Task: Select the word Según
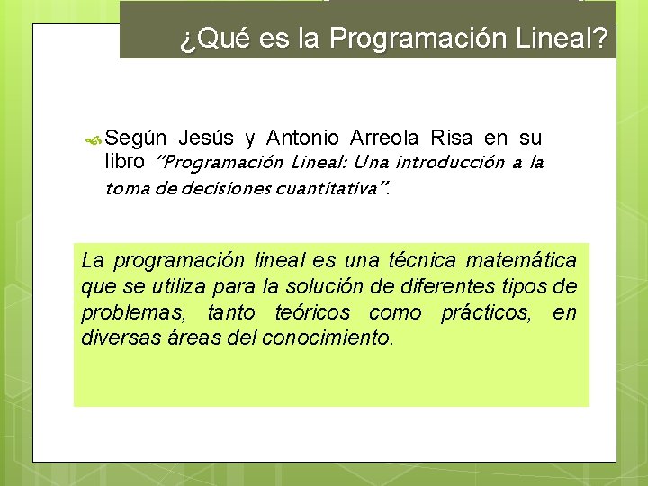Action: (136, 139)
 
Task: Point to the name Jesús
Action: (207, 139)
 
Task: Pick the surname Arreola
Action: (385, 139)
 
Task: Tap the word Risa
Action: (452, 139)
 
